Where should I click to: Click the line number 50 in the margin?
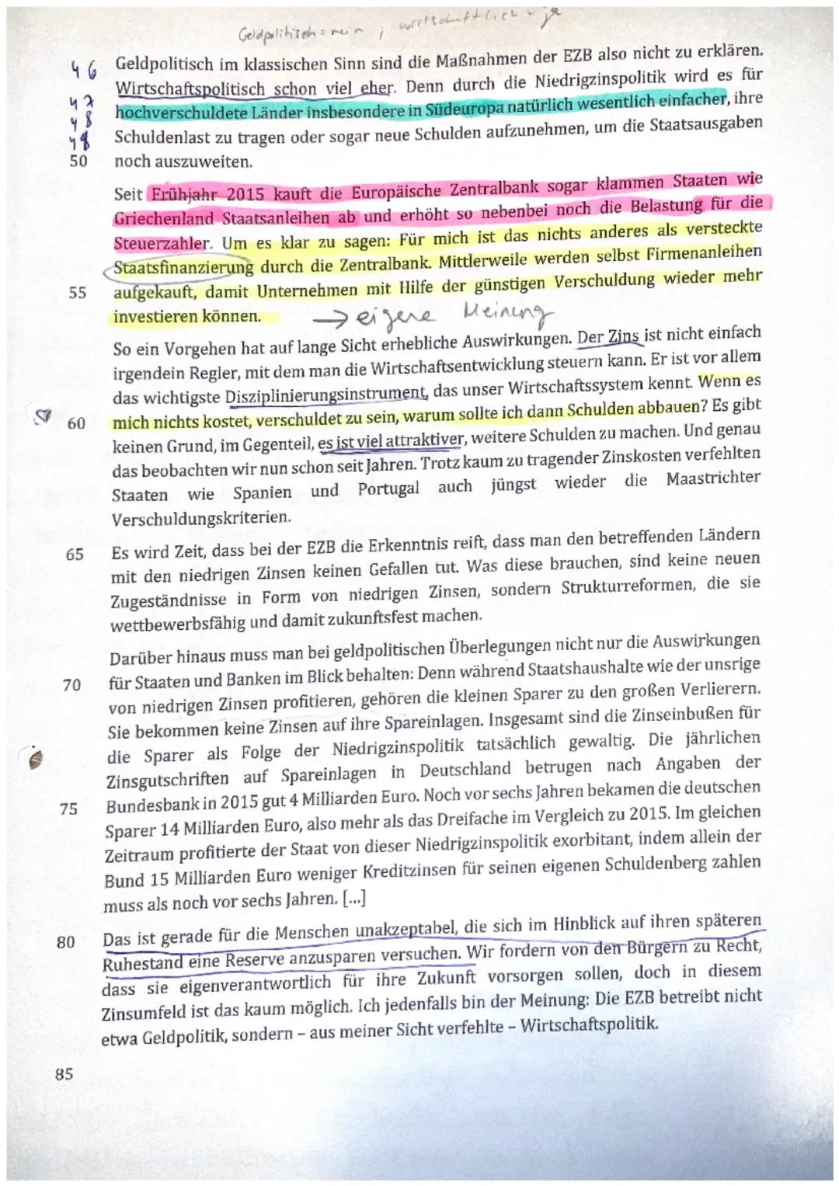click(x=78, y=162)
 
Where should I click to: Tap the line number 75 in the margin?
click(x=68, y=809)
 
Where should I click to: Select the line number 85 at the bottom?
click(x=64, y=1074)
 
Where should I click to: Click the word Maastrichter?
click(x=713, y=478)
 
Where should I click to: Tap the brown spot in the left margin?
click(x=33, y=759)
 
